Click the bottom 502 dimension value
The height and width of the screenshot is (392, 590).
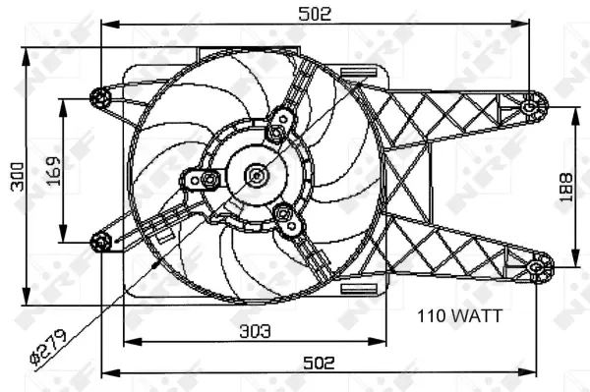pyautogui.click(x=317, y=362)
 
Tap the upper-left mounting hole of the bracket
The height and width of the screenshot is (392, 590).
pyautogui.click(x=100, y=96)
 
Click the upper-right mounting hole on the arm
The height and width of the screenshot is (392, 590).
pyautogui.click(x=532, y=104)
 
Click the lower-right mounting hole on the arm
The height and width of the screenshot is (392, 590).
pyautogui.click(x=538, y=265)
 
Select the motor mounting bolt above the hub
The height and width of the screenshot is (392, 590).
pyautogui.click(x=281, y=122)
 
